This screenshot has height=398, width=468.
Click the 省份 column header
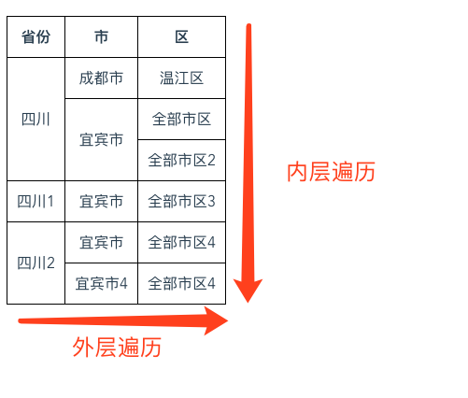(35, 36)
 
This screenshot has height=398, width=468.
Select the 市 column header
(101, 36)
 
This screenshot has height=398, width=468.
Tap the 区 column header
(181, 36)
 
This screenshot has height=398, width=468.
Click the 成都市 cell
(101, 78)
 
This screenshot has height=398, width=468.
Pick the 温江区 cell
(181, 78)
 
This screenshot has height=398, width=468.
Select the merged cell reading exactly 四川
(35, 119)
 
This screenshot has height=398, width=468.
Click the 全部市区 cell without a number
(181, 119)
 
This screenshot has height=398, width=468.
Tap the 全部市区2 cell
(181, 160)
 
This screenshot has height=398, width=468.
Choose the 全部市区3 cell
(181, 201)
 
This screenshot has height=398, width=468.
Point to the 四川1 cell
(35, 201)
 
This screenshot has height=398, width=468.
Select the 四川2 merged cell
(35, 263)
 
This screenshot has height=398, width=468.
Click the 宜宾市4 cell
(101, 283)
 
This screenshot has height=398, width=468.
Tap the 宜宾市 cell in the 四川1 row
(101, 201)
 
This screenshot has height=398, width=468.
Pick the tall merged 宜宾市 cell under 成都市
(101, 139)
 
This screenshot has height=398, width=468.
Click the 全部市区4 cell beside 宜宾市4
(181, 283)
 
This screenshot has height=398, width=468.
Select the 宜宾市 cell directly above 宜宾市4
(101, 242)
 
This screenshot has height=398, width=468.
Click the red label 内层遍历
(331, 172)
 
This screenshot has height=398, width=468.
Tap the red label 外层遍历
(117, 347)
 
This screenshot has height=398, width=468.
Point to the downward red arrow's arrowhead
(248, 291)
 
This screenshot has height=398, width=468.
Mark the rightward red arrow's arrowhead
(216, 320)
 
